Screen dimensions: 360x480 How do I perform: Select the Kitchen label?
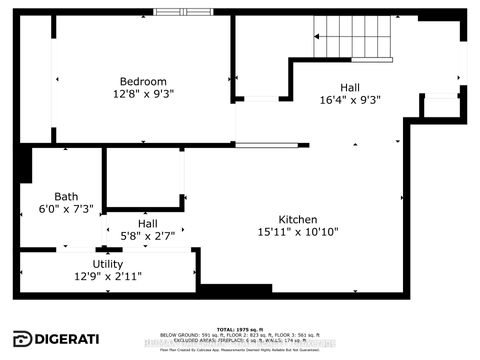(x=298, y=219)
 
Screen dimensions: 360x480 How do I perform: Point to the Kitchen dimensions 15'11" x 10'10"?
(x=298, y=234)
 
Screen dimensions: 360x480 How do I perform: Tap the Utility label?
(x=108, y=263)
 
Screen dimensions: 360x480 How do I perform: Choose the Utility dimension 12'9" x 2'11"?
(x=108, y=277)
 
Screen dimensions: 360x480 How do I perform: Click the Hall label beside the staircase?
(x=350, y=86)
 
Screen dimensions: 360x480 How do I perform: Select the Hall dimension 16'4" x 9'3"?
(x=350, y=100)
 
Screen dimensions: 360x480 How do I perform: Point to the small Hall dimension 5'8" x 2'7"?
(x=147, y=238)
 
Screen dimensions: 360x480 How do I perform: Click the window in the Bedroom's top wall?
(x=183, y=12)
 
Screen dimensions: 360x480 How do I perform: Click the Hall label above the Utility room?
(x=147, y=224)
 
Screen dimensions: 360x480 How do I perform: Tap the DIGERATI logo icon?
(x=21, y=338)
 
